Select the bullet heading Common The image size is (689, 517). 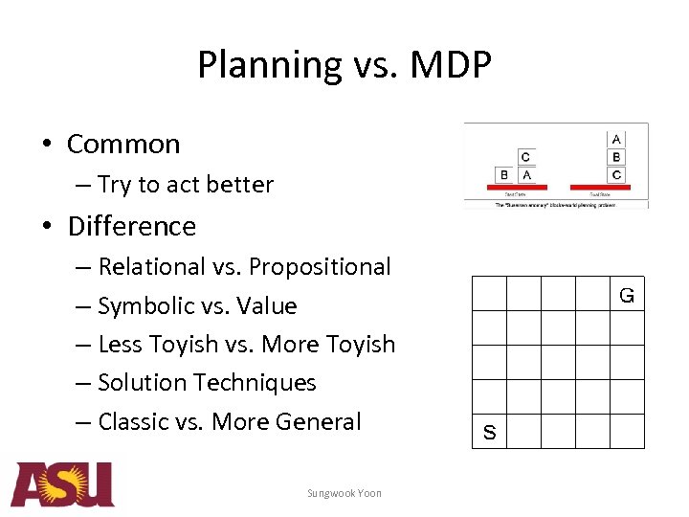pyautogui.click(x=123, y=144)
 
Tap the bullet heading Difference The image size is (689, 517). pyautogui.click(x=131, y=226)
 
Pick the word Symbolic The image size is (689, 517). pyautogui.click(x=146, y=306)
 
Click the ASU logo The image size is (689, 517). pyautogui.click(x=63, y=484)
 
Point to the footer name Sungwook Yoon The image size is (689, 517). pyautogui.click(x=344, y=493)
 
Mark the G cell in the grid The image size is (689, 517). pyautogui.click(x=627, y=295)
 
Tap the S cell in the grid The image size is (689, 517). pyautogui.click(x=490, y=432)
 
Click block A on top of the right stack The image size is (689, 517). pyautogui.click(x=616, y=140)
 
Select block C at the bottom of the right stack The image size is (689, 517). pyautogui.click(x=616, y=174)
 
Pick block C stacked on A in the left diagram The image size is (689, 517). pyautogui.click(x=525, y=157)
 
